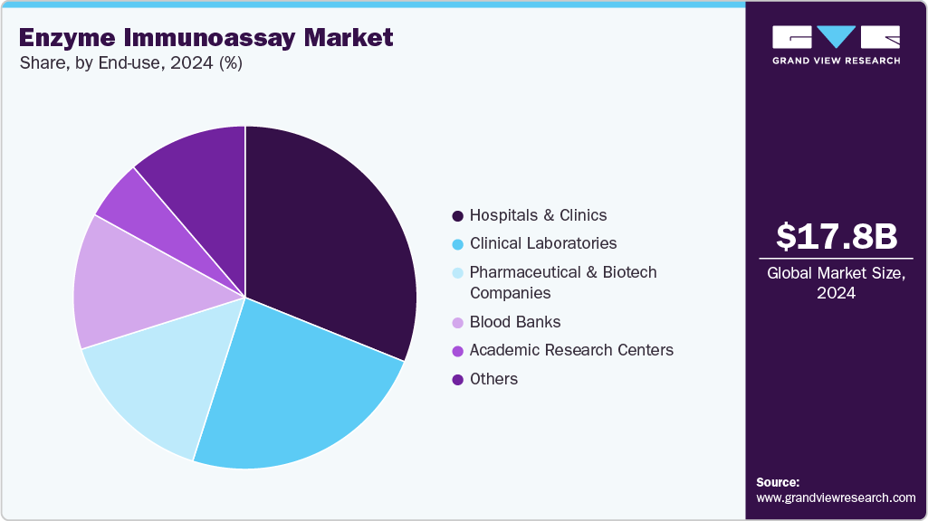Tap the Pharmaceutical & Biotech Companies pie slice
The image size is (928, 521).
[154, 389]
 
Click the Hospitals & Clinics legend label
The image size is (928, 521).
[538, 215]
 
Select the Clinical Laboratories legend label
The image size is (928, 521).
[543, 243]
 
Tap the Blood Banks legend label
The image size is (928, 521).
[515, 322]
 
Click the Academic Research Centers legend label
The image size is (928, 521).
[571, 350]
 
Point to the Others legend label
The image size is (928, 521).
[493, 379]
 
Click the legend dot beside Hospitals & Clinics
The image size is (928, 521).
[458, 215]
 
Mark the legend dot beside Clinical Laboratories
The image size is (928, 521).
[458, 243]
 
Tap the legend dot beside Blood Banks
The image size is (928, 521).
[458, 322]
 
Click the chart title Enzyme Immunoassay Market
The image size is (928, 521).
[206, 38]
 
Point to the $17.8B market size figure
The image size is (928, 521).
[837, 237]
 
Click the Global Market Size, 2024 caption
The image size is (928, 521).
[837, 282]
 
